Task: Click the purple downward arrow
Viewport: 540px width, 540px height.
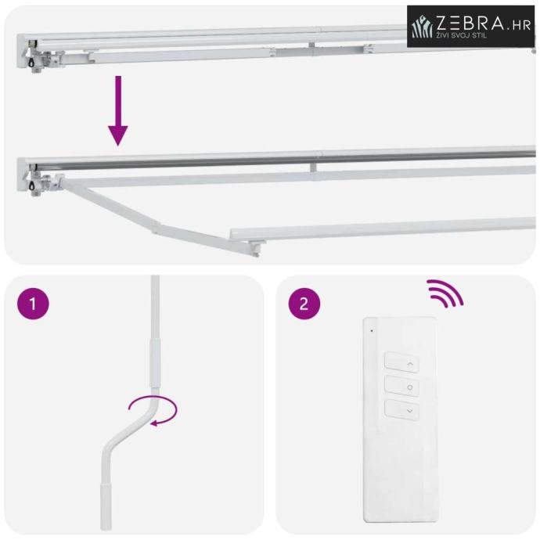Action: coord(118,111)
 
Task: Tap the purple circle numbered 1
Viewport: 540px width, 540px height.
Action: coord(33,304)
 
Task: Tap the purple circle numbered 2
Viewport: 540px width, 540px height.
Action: coord(304,304)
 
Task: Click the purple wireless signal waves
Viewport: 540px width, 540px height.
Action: coord(445,293)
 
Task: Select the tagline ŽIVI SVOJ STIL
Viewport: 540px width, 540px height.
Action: coord(462,35)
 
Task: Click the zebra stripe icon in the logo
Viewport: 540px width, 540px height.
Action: coord(423,26)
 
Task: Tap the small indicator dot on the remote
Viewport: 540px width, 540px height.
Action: coord(372,330)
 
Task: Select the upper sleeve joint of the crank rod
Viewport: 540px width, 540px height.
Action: coord(155,363)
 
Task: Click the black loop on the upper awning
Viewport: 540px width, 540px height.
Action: coord(33,62)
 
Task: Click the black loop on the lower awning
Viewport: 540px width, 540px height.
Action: coord(33,185)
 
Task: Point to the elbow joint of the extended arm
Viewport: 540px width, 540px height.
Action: coord(155,227)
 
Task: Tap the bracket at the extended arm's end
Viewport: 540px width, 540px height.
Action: coord(257,248)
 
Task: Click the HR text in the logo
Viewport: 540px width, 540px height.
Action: coord(521,26)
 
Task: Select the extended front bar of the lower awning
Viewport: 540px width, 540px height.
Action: coord(383,229)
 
